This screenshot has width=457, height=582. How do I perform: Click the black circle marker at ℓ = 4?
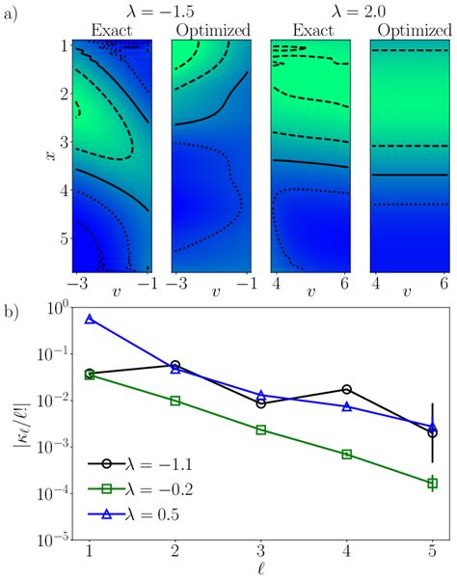(x=346, y=389)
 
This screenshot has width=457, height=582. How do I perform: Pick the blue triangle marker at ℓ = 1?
(x=90, y=319)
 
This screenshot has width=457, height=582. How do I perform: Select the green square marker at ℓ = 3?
(x=260, y=430)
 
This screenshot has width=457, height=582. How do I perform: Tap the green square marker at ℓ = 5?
(x=432, y=483)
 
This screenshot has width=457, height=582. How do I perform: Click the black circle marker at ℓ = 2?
(x=175, y=366)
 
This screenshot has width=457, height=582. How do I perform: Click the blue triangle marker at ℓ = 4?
(x=346, y=406)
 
